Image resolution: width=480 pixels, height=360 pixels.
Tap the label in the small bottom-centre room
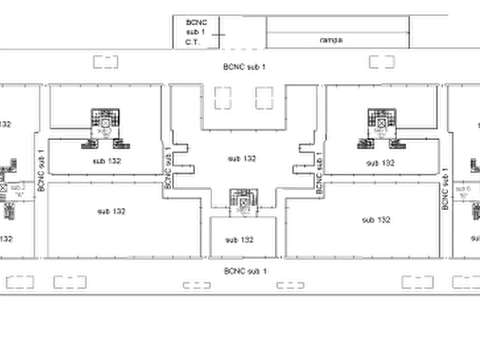239,241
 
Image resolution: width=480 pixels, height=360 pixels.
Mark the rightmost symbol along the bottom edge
465,281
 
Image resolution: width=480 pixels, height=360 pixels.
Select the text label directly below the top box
245,68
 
